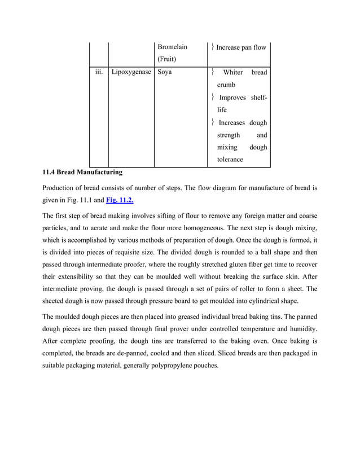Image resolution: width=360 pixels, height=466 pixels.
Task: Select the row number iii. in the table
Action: tap(99, 72)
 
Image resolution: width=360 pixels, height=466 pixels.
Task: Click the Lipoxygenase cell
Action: tap(131, 72)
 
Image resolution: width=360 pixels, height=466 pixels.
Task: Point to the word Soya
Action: tap(165, 72)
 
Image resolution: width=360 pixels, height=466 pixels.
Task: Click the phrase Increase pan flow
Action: tap(241, 47)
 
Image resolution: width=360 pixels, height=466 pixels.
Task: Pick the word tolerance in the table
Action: tap(230, 159)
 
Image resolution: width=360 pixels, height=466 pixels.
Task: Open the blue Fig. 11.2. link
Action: tap(120, 200)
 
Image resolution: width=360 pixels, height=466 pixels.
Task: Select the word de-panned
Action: tap(138, 358)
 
